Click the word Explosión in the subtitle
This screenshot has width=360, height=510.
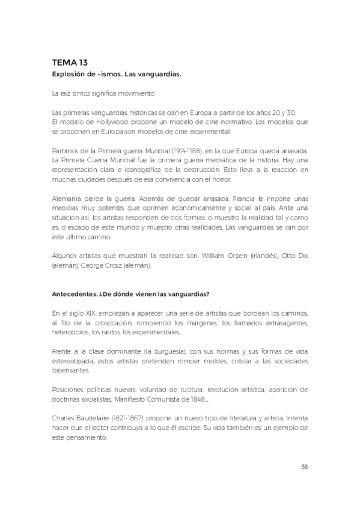(70, 73)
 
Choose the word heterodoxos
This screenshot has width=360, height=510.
(72, 332)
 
